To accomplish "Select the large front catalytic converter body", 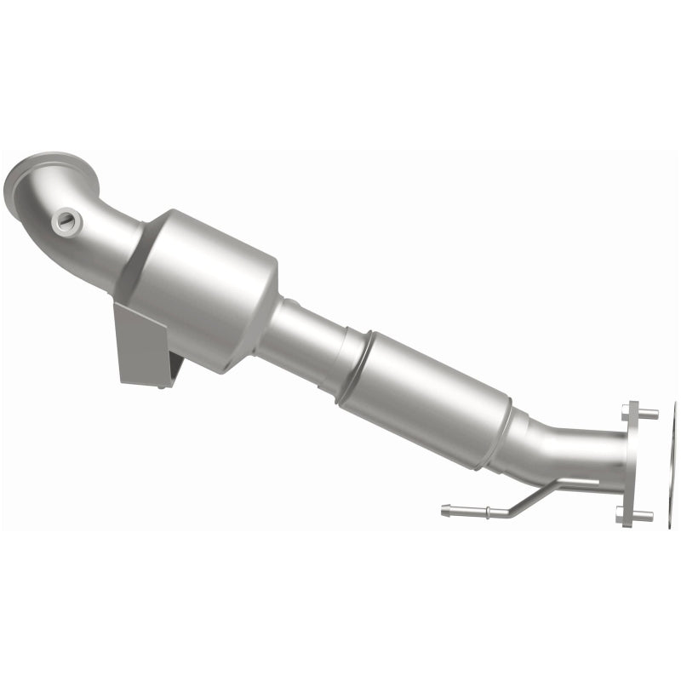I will (204, 281).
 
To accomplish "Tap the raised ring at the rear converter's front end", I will (353, 366).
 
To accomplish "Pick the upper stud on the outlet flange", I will (647, 415).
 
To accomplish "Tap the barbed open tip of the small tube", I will (446, 510).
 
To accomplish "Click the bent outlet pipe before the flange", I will (570, 455).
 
